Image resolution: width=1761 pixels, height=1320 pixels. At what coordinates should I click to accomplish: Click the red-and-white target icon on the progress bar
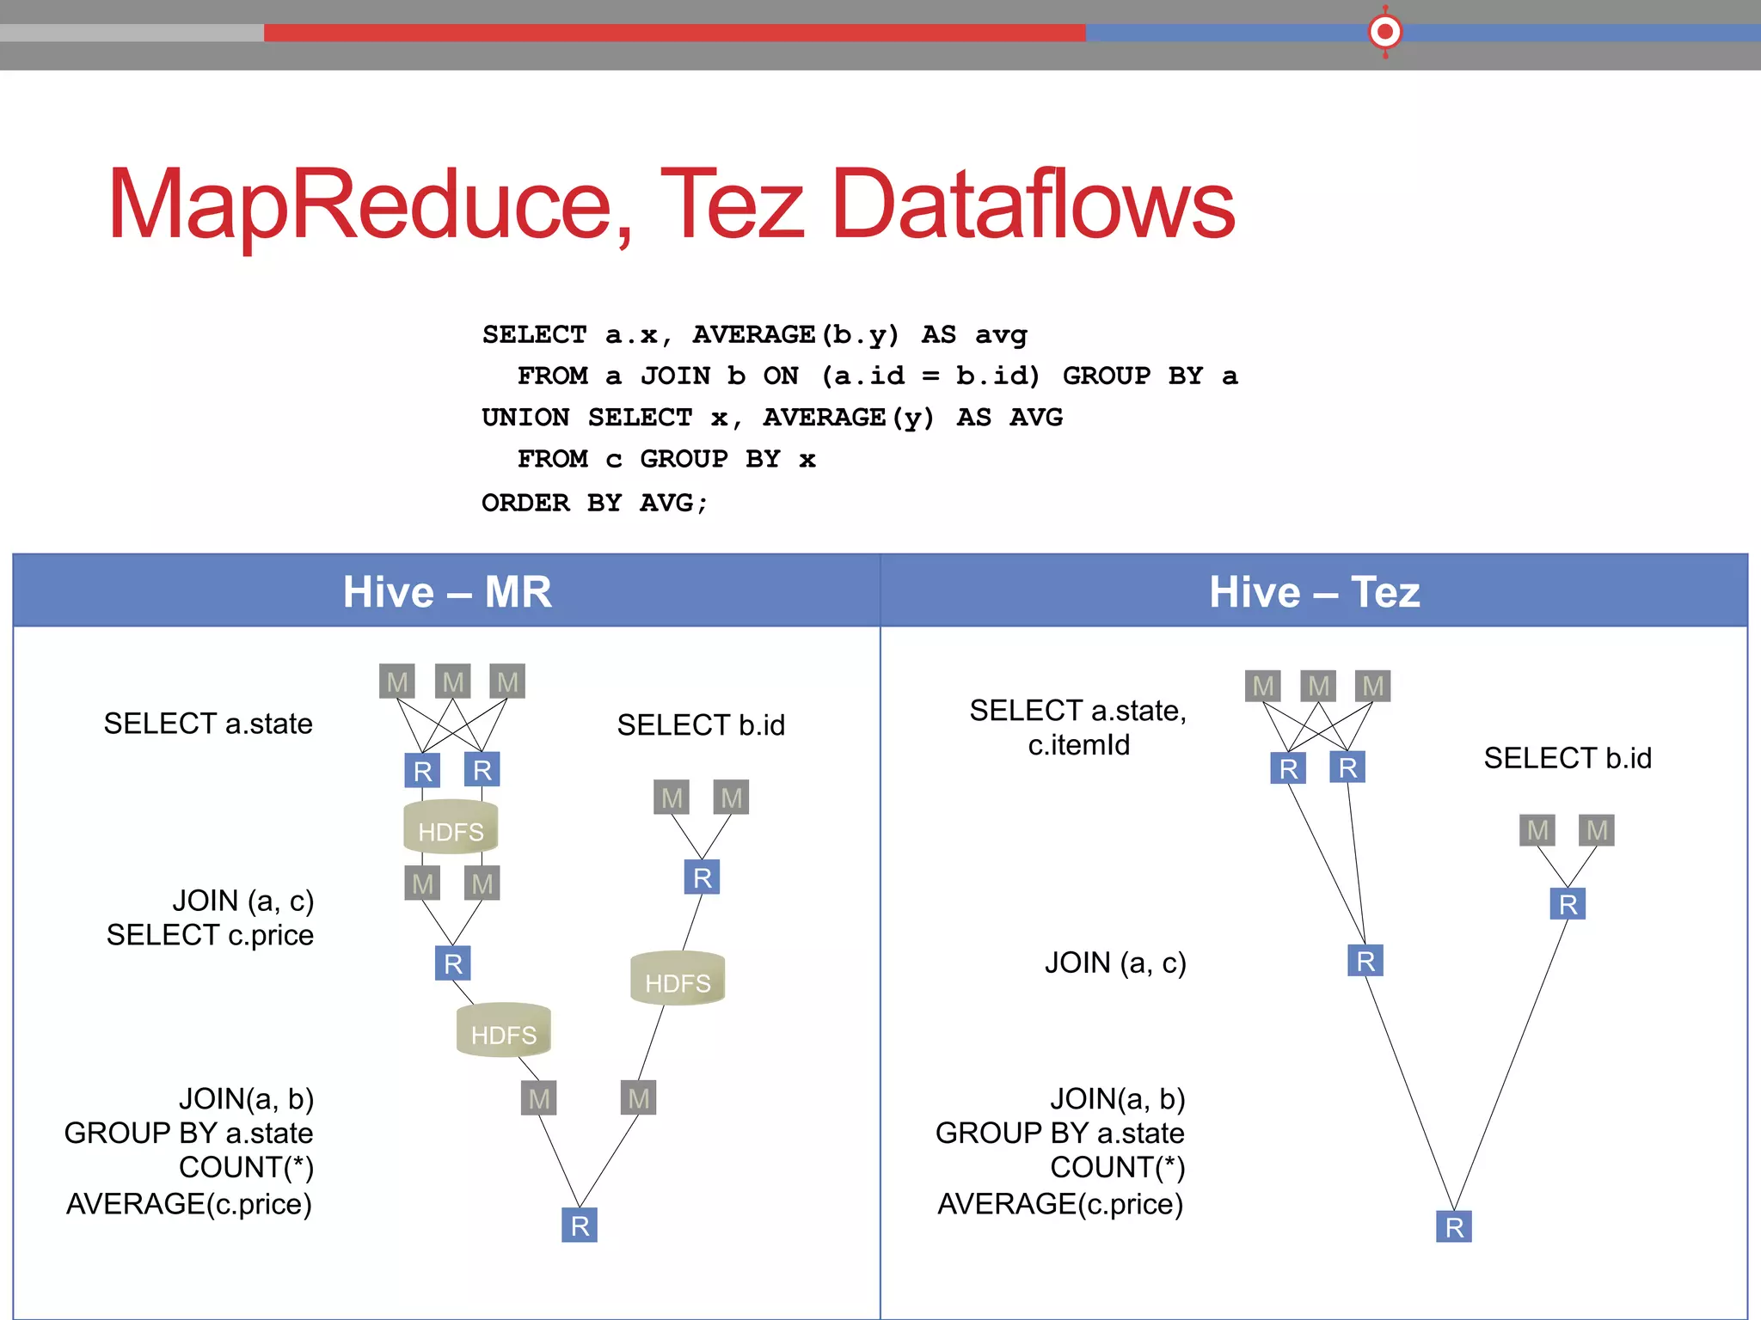(1384, 33)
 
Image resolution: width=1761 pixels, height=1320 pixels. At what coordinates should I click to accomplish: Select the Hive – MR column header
(446, 591)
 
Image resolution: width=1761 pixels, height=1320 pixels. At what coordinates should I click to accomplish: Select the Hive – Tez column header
(1314, 591)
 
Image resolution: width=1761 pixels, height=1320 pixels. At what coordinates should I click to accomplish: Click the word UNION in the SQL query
(525, 418)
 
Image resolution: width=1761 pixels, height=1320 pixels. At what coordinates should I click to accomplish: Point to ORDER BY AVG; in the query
(594, 503)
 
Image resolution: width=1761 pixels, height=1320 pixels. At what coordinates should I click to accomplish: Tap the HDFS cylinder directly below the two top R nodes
(451, 827)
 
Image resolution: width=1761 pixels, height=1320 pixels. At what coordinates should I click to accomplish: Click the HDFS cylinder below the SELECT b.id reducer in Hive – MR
(678, 979)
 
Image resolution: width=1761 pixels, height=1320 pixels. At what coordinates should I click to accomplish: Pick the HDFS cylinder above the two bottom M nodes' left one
(503, 1030)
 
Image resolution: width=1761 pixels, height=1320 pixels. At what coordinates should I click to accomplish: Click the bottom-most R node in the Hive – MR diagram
(580, 1225)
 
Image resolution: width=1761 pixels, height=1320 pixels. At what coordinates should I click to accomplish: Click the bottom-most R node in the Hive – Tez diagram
(1454, 1226)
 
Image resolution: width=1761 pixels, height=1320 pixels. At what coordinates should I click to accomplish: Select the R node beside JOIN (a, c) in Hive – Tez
(1365, 961)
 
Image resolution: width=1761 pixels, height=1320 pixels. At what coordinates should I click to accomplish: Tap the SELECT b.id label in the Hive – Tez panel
(1567, 758)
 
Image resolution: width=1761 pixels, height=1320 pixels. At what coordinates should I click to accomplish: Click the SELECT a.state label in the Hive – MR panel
(208, 724)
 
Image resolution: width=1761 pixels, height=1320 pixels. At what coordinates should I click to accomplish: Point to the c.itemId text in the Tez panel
(1078, 745)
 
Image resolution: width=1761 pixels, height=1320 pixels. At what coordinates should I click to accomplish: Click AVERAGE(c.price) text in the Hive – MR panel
(189, 1204)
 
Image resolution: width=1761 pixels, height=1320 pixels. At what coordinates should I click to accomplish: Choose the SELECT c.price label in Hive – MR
(210, 935)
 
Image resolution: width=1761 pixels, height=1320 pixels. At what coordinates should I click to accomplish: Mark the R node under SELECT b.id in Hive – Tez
(1568, 904)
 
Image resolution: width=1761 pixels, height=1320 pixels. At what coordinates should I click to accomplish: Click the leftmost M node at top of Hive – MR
(397, 681)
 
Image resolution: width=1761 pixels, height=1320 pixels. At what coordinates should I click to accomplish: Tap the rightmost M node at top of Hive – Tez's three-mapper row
(1373, 686)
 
